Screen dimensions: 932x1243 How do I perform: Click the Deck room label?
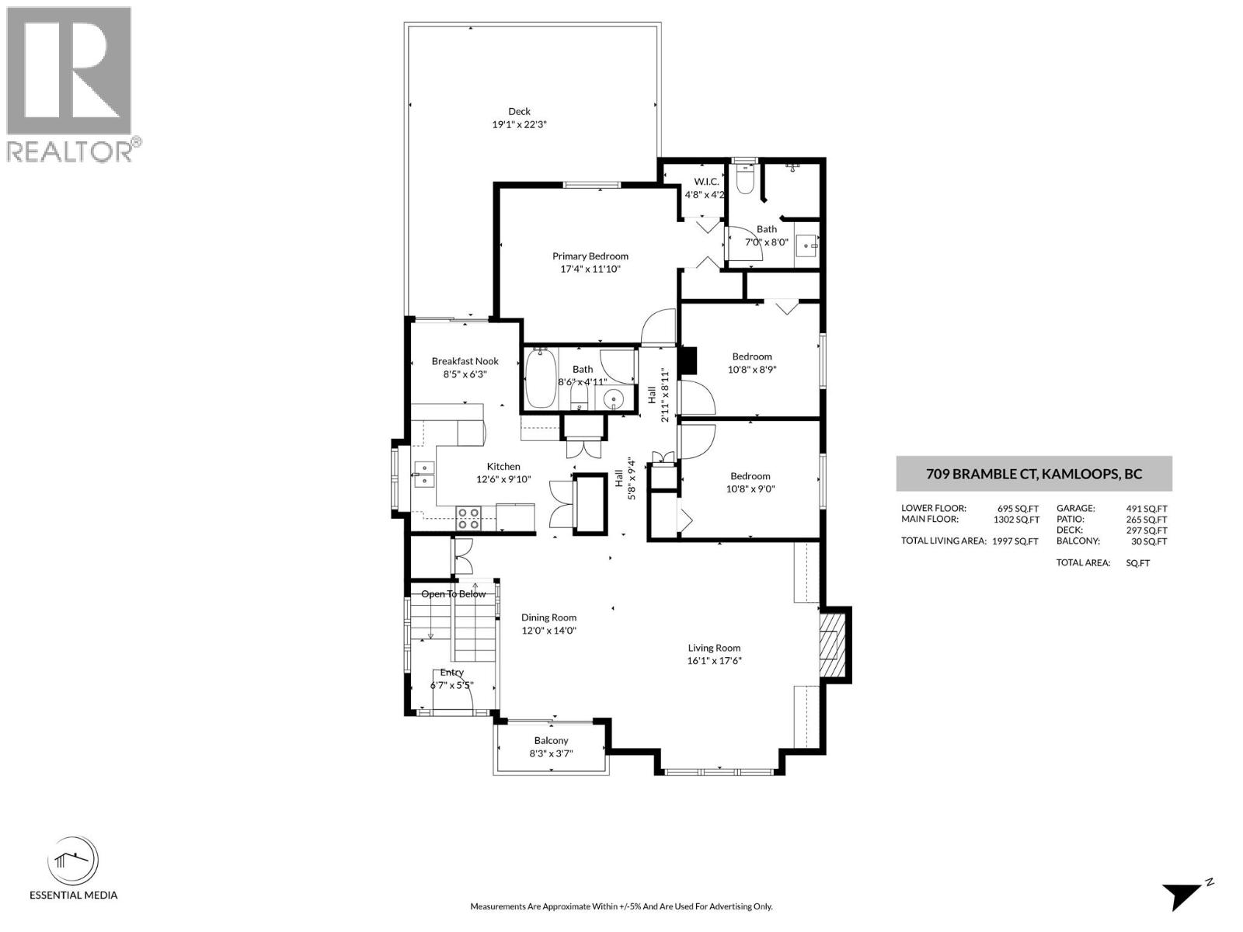pyautogui.click(x=519, y=111)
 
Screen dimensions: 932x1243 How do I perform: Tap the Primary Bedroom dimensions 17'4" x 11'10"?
pyautogui.click(x=590, y=270)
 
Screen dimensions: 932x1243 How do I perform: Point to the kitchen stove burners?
pyautogui.click(x=468, y=517)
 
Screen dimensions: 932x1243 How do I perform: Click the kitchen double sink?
pyautogui.click(x=423, y=474)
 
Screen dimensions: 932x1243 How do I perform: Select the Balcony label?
pyautogui.click(x=551, y=740)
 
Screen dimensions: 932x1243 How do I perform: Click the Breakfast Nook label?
pyautogui.click(x=465, y=361)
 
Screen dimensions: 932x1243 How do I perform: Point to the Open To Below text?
pyautogui.click(x=454, y=594)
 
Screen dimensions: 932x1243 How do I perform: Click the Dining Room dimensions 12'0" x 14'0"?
pyautogui.click(x=548, y=631)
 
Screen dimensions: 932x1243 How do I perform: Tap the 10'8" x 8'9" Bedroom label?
pyautogui.click(x=751, y=356)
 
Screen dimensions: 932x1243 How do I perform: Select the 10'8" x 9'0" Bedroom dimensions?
pyautogui.click(x=750, y=489)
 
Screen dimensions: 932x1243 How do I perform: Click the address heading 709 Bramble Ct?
pyautogui.click(x=1033, y=474)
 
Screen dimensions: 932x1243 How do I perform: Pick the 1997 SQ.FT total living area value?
pyautogui.click(x=1015, y=541)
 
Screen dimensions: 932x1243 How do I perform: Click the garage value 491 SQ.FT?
pyautogui.click(x=1146, y=509)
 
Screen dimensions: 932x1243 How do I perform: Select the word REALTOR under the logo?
pyautogui.click(x=70, y=151)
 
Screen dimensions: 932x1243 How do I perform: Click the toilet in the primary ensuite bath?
pyautogui.click(x=743, y=179)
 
